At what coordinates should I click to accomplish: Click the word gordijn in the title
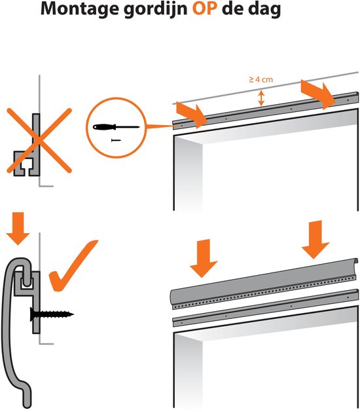point(155,9)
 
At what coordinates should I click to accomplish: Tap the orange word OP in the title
point(205,9)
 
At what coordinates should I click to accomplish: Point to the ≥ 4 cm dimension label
point(261,79)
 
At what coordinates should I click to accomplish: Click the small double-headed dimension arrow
point(261,98)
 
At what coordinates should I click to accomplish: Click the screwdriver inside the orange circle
point(117,127)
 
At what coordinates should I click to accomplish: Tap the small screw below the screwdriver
point(116,140)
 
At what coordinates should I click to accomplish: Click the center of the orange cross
point(39,141)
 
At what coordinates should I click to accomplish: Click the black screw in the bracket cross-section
point(52,314)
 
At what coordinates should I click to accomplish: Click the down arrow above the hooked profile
point(18,229)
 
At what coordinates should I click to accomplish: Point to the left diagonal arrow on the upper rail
point(192,115)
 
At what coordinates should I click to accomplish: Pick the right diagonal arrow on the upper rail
point(317,94)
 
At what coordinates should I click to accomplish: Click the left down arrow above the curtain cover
point(204,258)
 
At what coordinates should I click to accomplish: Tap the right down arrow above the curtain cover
point(315,240)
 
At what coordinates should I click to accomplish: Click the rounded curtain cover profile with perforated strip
point(264,283)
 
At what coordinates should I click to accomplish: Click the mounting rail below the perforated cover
point(265,308)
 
